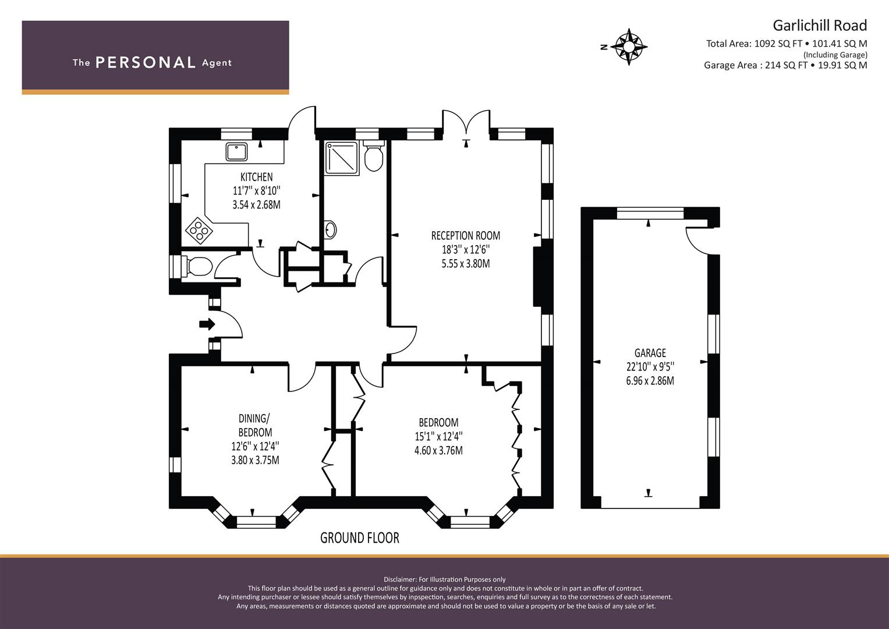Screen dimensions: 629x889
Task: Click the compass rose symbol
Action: pyautogui.click(x=629, y=46)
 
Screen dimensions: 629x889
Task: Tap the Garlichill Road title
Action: pyautogui.click(x=819, y=26)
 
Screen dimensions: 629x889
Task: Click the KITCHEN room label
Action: pyautogui.click(x=256, y=177)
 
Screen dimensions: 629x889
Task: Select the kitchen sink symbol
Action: pyautogui.click(x=237, y=151)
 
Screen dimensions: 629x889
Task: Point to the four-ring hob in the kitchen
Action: pyautogui.click(x=199, y=230)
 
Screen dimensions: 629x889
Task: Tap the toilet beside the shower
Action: pyautogui.click(x=373, y=156)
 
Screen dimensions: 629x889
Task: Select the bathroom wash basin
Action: pyautogui.click(x=330, y=230)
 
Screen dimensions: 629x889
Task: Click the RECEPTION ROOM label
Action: pyautogui.click(x=465, y=236)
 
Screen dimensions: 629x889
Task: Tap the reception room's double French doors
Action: pyautogui.click(x=466, y=123)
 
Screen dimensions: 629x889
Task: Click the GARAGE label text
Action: pyautogui.click(x=650, y=353)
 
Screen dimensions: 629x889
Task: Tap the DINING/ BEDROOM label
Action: pyautogui.click(x=255, y=425)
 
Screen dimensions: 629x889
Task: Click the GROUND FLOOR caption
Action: pyautogui.click(x=359, y=538)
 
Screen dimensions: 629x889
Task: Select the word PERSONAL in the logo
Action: pyautogui.click(x=145, y=63)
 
